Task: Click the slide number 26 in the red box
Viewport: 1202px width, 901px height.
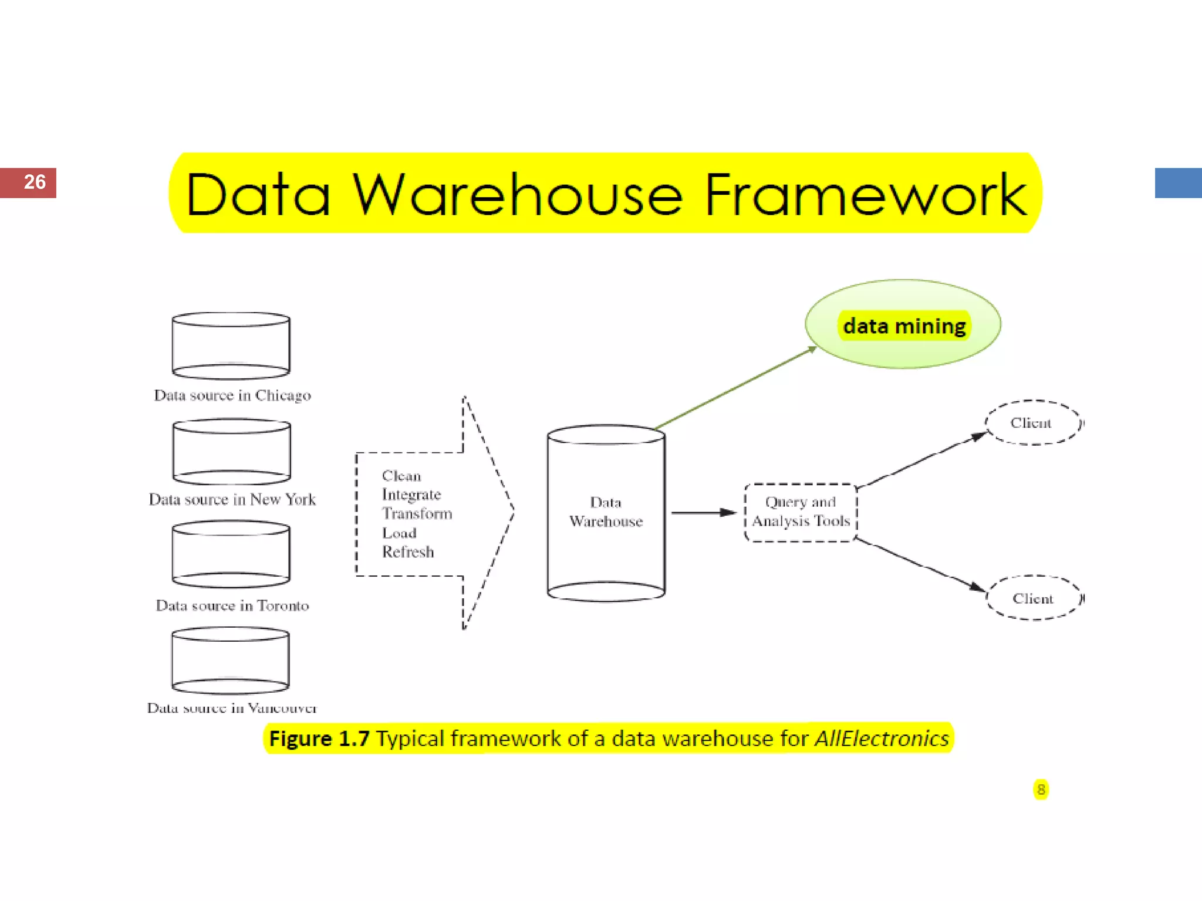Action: tap(35, 182)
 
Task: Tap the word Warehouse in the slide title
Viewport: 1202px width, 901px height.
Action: tap(517, 194)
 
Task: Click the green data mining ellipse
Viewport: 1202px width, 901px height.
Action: tap(903, 324)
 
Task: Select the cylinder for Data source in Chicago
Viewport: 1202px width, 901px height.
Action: tap(231, 346)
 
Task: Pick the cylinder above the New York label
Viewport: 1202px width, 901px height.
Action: tap(232, 452)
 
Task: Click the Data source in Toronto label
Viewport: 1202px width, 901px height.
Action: tap(232, 605)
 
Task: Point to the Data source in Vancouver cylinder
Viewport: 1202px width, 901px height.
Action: tap(231, 660)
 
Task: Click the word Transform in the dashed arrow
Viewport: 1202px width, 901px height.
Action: tap(417, 514)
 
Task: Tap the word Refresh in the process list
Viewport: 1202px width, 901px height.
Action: tap(408, 552)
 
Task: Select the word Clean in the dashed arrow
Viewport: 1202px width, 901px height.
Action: tap(401, 476)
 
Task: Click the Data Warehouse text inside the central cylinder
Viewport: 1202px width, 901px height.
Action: tap(606, 512)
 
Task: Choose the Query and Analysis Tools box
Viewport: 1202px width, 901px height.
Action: tap(801, 512)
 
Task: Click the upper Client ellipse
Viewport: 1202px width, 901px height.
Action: tap(1032, 423)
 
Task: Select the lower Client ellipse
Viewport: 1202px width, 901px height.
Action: tap(1034, 598)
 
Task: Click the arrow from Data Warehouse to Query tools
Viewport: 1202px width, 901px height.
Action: tap(703, 513)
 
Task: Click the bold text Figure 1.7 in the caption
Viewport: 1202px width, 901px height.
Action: tap(319, 739)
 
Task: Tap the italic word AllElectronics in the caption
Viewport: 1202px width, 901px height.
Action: tap(882, 739)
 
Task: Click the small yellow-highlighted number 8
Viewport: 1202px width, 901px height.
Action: tap(1041, 790)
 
